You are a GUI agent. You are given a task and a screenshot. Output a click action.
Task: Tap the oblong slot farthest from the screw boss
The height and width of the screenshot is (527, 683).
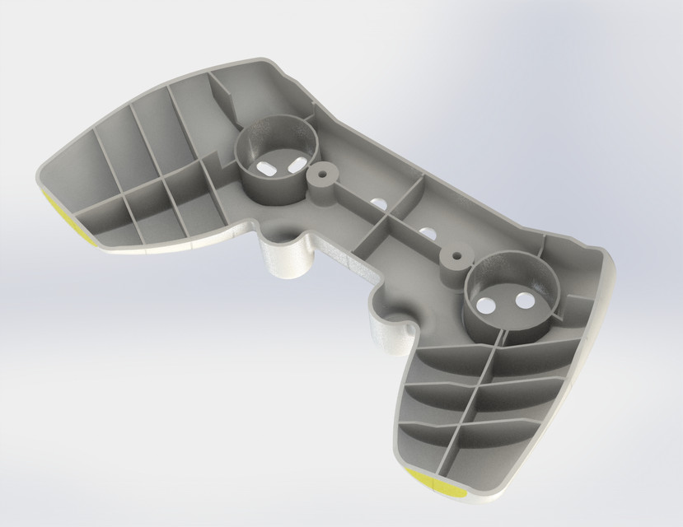pos(267,166)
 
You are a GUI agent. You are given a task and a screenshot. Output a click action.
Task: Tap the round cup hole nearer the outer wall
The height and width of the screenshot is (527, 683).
pos(523,301)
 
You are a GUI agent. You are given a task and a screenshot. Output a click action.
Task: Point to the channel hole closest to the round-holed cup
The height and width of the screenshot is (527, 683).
pos(427,233)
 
